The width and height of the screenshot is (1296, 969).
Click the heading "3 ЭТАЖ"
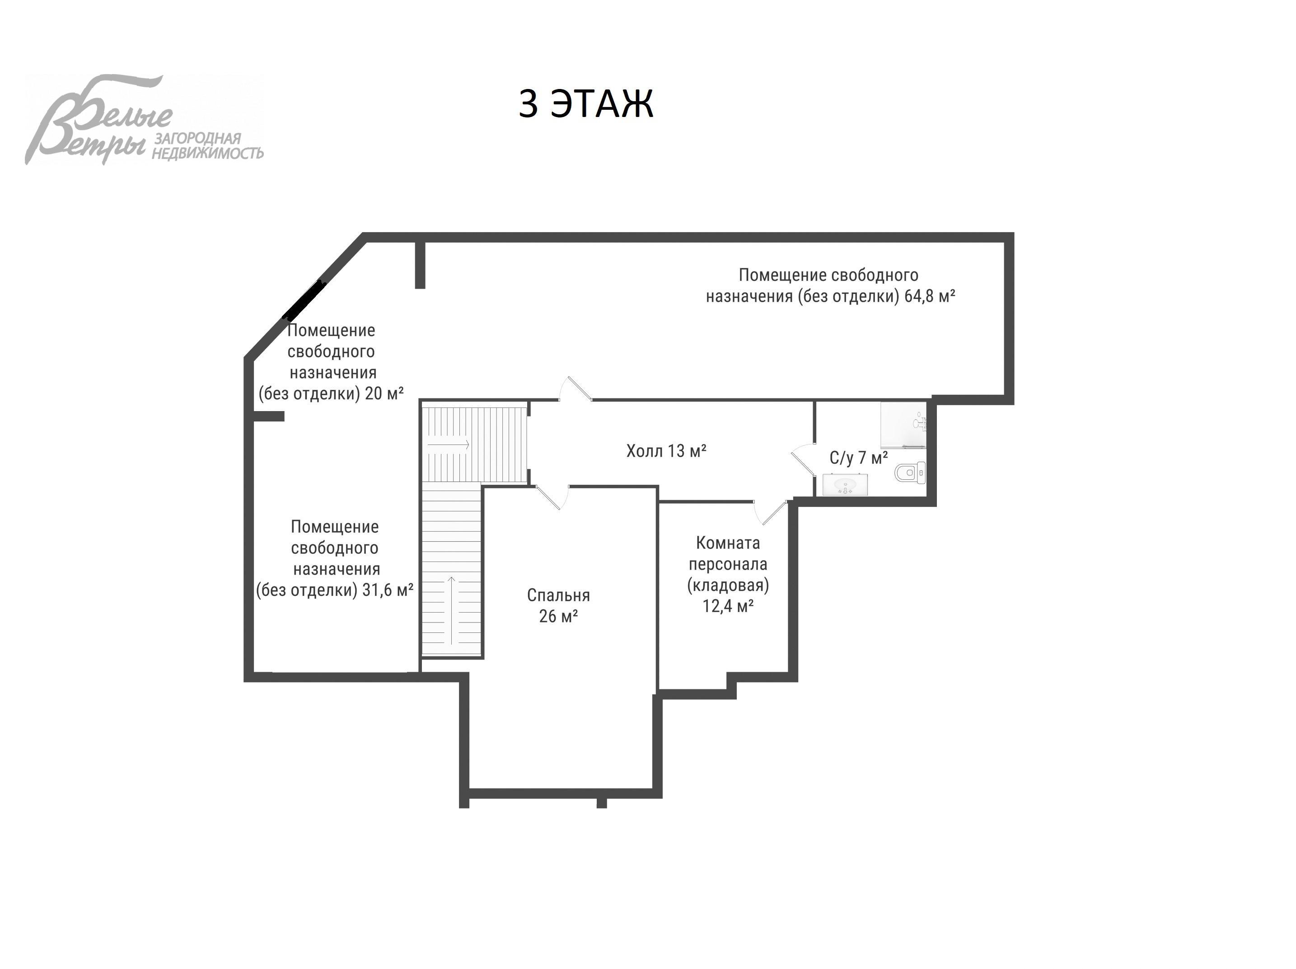pos(586,104)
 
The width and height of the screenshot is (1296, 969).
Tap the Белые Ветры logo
pos(144,120)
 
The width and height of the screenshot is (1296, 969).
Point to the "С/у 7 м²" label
pos(858,458)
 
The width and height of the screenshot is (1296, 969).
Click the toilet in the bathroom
pos(910,472)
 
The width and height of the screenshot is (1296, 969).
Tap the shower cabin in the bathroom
pos(903,424)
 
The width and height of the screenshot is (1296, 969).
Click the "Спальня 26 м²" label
pos(558,606)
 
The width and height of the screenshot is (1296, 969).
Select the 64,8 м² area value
pos(930,296)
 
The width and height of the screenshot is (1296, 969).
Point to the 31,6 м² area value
pos(388,590)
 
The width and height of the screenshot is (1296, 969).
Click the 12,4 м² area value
pos(728,606)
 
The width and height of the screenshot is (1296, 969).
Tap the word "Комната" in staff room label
pos(728,543)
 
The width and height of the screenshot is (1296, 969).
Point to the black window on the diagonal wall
pos(304,300)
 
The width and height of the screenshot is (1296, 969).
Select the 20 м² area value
pos(384,393)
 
